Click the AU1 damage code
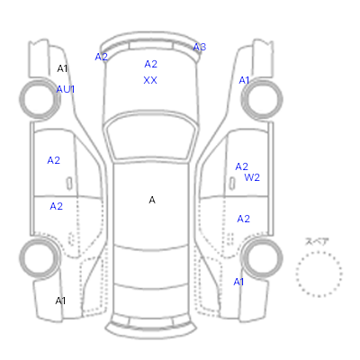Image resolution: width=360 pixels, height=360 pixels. (x=66, y=89)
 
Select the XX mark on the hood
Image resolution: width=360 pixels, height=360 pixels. (x=150, y=80)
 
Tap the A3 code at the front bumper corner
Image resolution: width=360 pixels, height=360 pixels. (x=200, y=47)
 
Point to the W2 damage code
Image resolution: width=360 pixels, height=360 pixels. (x=252, y=177)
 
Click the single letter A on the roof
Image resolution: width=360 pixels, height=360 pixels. (x=152, y=200)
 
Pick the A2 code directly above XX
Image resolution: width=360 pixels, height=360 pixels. (x=150, y=64)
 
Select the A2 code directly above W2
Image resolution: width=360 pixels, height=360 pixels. (x=242, y=166)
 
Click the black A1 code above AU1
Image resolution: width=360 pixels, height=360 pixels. (x=62, y=68)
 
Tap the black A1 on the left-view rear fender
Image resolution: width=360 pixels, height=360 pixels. (x=60, y=301)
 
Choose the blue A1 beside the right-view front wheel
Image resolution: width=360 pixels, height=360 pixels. (x=244, y=80)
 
